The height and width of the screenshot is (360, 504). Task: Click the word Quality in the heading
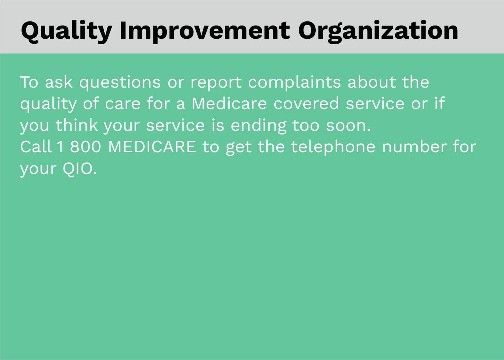tap(66, 31)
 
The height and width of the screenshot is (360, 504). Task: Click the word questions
tap(120, 83)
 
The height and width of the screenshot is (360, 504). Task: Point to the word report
tap(216, 83)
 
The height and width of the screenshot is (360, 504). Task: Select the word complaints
tap(295, 83)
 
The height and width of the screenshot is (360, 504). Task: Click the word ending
tap(258, 126)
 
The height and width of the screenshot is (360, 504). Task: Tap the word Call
tap(36, 147)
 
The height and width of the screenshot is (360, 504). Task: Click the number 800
tap(86, 147)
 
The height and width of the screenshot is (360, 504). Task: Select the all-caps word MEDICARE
tap(152, 147)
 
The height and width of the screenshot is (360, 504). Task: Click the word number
tap(415, 147)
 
